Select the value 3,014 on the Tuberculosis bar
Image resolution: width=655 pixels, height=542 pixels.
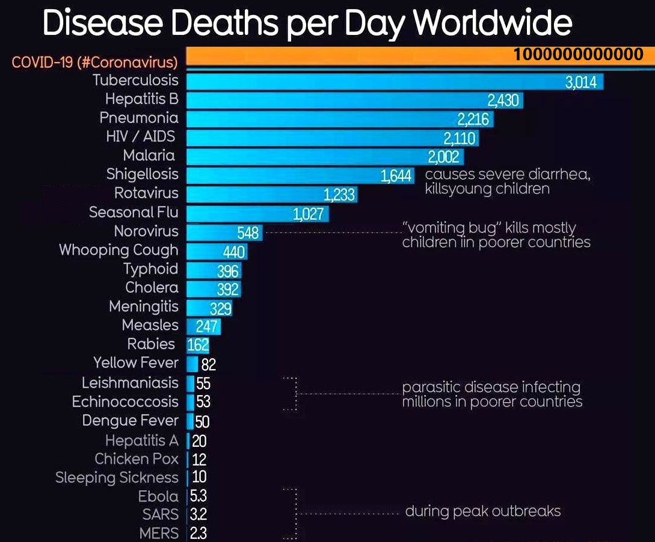point(581,82)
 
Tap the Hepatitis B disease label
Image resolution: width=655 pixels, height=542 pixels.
point(142,99)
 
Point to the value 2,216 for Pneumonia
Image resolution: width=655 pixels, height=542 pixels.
point(473,119)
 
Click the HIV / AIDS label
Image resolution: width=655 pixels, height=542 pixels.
point(140,136)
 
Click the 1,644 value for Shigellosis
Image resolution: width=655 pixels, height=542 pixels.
point(396,176)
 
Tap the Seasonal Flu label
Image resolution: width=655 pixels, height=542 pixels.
point(134,212)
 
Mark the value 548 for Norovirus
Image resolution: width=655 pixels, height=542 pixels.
point(248,232)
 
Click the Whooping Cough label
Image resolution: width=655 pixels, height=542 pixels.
point(118,250)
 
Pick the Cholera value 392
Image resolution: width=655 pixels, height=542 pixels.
point(228,290)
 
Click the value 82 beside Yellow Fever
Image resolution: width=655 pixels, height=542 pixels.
point(208,364)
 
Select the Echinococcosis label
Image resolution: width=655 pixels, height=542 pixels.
point(125,402)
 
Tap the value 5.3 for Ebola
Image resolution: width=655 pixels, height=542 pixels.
point(199,496)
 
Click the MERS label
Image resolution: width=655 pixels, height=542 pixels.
point(159,533)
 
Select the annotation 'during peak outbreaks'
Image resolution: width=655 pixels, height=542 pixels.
point(483,511)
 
